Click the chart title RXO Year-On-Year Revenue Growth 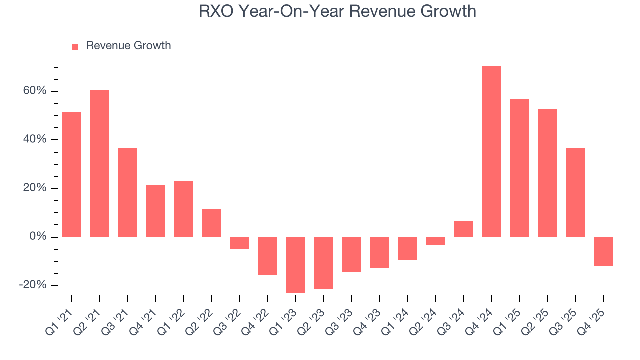[x=337, y=11]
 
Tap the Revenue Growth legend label [x=128, y=46]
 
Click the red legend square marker [x=75, y=46]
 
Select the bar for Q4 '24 [x=491, y=152]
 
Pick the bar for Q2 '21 [x=100, y=163]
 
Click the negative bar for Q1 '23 [x=296, y=265]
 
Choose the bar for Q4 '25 [x=603, y=251]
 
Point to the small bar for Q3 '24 [x=463, y=229]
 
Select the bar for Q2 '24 [x=436, y=241]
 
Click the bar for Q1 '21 [x=72, y=174]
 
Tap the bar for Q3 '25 [x=575, y=193]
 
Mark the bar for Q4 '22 [x=268, y=256]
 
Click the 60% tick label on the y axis [x=34, y=91]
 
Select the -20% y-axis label [x=33, y=285]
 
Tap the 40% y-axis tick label [x=34, y=139]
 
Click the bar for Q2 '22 [x=212, y=223]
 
